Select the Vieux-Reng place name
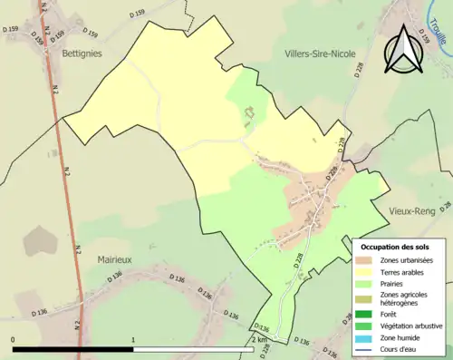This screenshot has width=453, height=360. click(414, 209)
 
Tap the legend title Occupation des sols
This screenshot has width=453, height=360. click(395, 247)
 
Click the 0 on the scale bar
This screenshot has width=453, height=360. click(13, 340)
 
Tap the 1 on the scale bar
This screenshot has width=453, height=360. click(134, 340)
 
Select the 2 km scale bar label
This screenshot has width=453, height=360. click(259, 340)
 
